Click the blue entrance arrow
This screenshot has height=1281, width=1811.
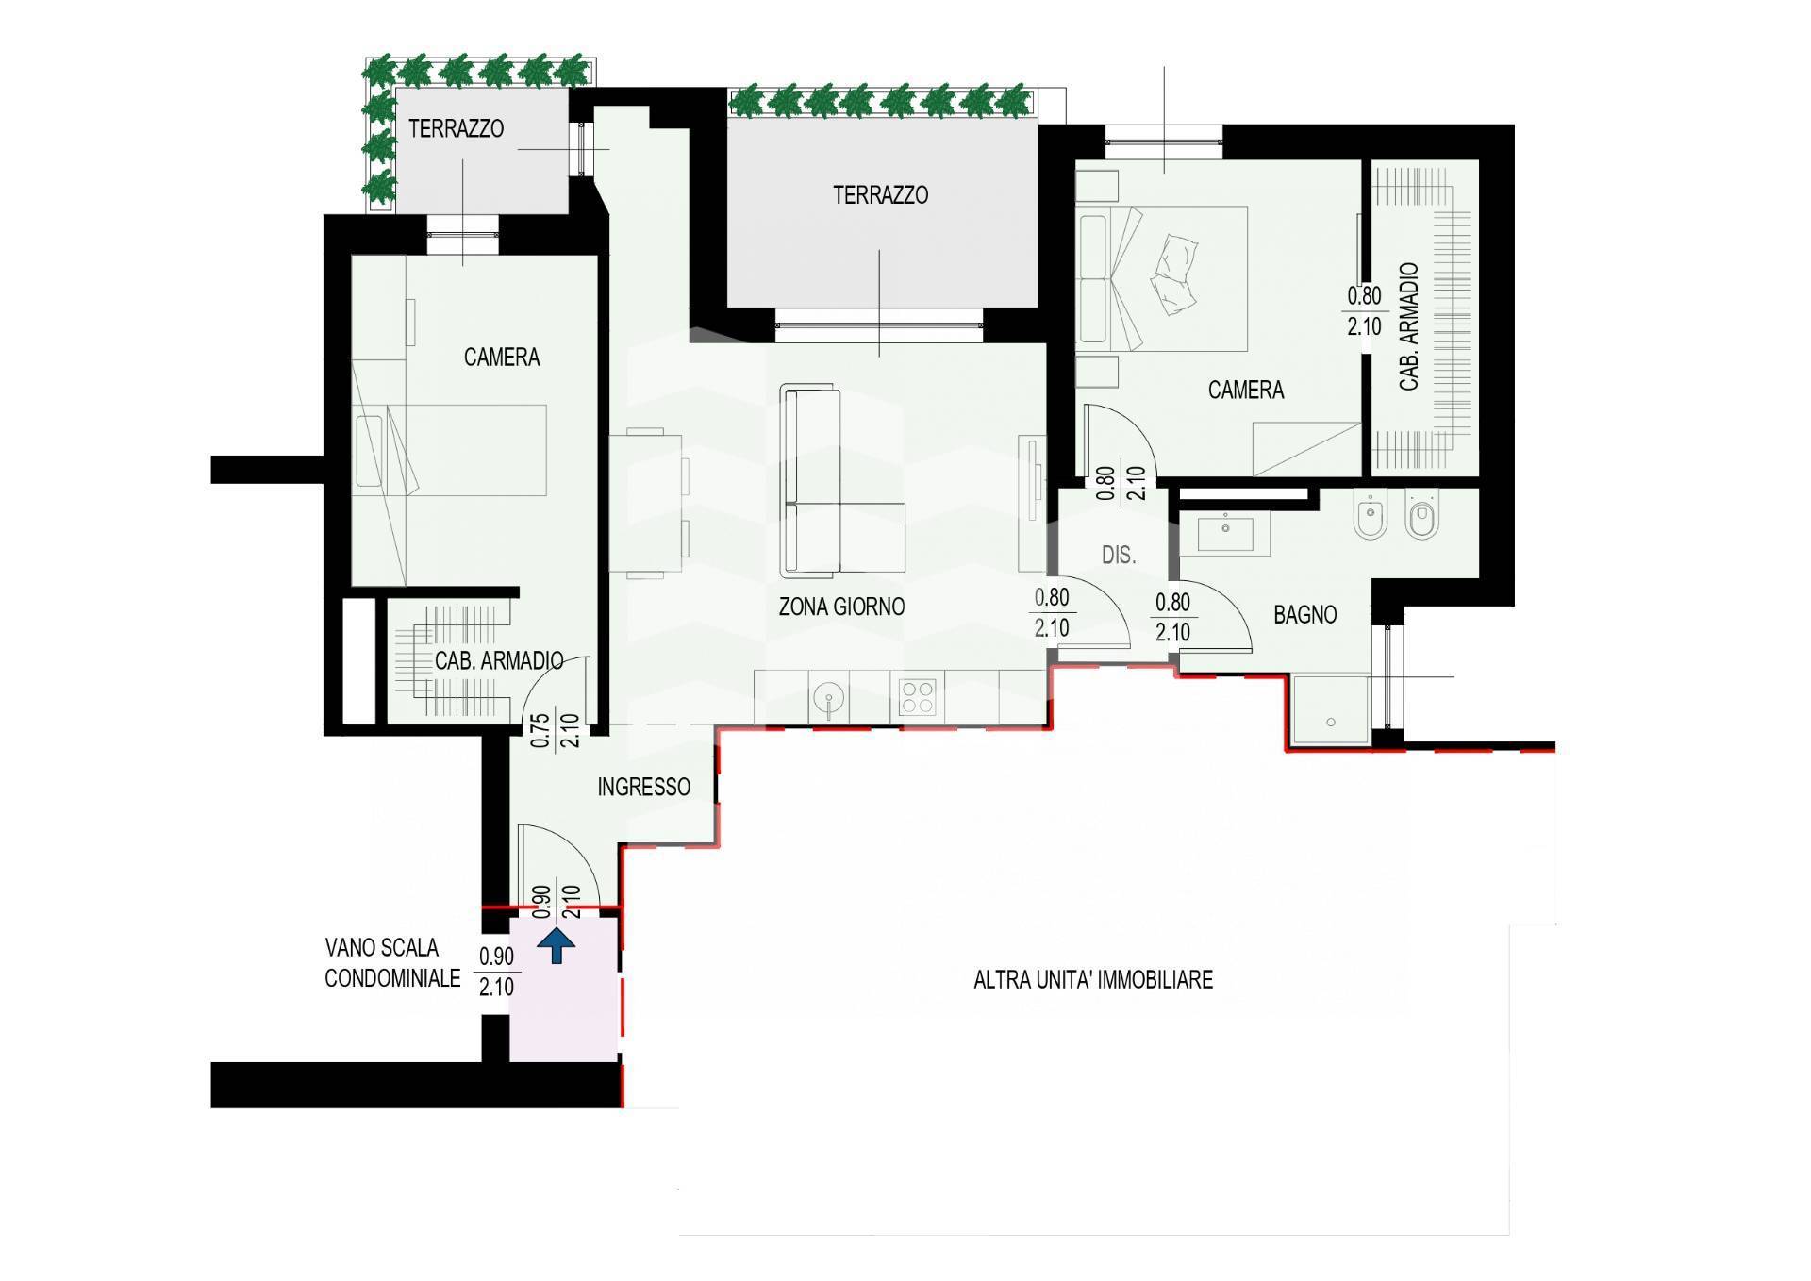click(x=557, y=945)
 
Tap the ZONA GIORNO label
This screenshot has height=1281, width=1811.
click(x=841, y=607)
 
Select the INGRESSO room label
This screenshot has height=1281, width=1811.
click(x=644, y=787)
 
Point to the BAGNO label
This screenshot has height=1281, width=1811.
click(x=1305, y=615)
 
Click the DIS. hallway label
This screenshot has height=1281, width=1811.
click(x=1119, y=556)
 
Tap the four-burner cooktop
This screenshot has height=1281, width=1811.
click(x=917, y=698)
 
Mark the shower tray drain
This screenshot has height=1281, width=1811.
click(x=1331, y=723)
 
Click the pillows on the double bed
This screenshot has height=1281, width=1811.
click(x=1174, y=273)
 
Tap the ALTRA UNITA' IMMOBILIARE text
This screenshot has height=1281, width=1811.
click(x=1093, y=980)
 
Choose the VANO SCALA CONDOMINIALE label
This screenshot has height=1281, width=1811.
click(x=393, y=963)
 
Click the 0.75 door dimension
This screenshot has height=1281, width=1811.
click(x=540, y=729)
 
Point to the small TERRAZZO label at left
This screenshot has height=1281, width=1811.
click(x=456, y=128)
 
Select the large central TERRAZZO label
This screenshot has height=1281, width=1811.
click(x=880, y=195)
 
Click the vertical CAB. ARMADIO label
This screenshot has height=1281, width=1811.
click(x=1409, y=327)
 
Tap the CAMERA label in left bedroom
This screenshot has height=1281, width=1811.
click(x=502, y=358)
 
